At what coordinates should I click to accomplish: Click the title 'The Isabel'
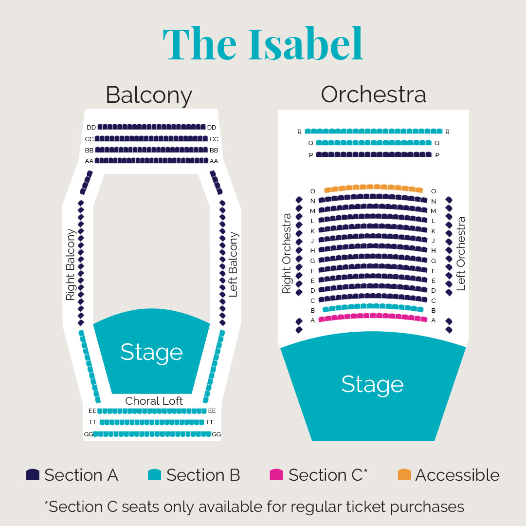[263, 44]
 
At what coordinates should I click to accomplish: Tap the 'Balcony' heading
[149, 95]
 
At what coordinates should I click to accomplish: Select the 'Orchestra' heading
[373, 94]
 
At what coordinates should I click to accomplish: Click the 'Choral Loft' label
[154, 401]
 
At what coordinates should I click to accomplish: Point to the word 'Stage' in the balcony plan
[152, 353]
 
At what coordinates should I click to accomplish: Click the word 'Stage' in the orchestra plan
[372, 385]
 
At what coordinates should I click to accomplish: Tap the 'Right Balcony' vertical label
[71, 264]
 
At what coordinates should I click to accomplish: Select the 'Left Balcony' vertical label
[233, 264]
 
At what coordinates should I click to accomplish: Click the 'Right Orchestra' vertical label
[287, 253]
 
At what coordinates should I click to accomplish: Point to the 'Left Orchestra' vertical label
[461, 253]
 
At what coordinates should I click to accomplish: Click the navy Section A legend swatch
[33, 475]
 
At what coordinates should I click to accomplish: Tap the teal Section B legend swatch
[155, 475]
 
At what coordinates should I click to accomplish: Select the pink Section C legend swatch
[276, 475]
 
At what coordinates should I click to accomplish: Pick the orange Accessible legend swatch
[404, 475]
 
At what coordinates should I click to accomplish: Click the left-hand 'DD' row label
[91, 128]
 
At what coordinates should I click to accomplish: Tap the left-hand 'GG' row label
[88, 434]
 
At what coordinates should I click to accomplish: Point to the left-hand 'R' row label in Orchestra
[300, 132]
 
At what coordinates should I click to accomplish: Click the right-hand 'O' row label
[434, 191]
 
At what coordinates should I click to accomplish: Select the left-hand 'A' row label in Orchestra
[313, 320]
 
